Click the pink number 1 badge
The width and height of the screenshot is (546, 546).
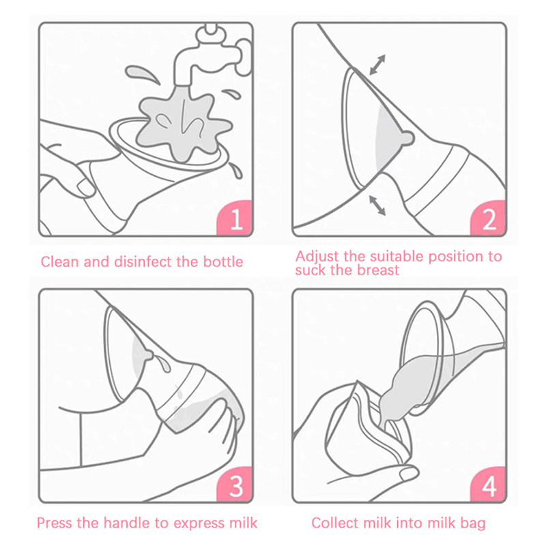coord(235,218)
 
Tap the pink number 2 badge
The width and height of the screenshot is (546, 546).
coord(488,218)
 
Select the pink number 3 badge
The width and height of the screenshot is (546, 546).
coord(235,485)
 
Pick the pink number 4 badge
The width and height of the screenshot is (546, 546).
coord(488,485)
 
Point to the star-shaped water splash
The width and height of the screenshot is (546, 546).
coord(184,126)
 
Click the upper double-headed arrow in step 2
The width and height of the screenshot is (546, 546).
coord(377,64)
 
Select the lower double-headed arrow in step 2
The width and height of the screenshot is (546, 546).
coord(377,205)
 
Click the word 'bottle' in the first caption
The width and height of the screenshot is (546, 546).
coord(223,262)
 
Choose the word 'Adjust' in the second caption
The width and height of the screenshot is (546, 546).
coord(317,257)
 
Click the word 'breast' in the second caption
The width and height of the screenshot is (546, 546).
coord(379,270)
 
